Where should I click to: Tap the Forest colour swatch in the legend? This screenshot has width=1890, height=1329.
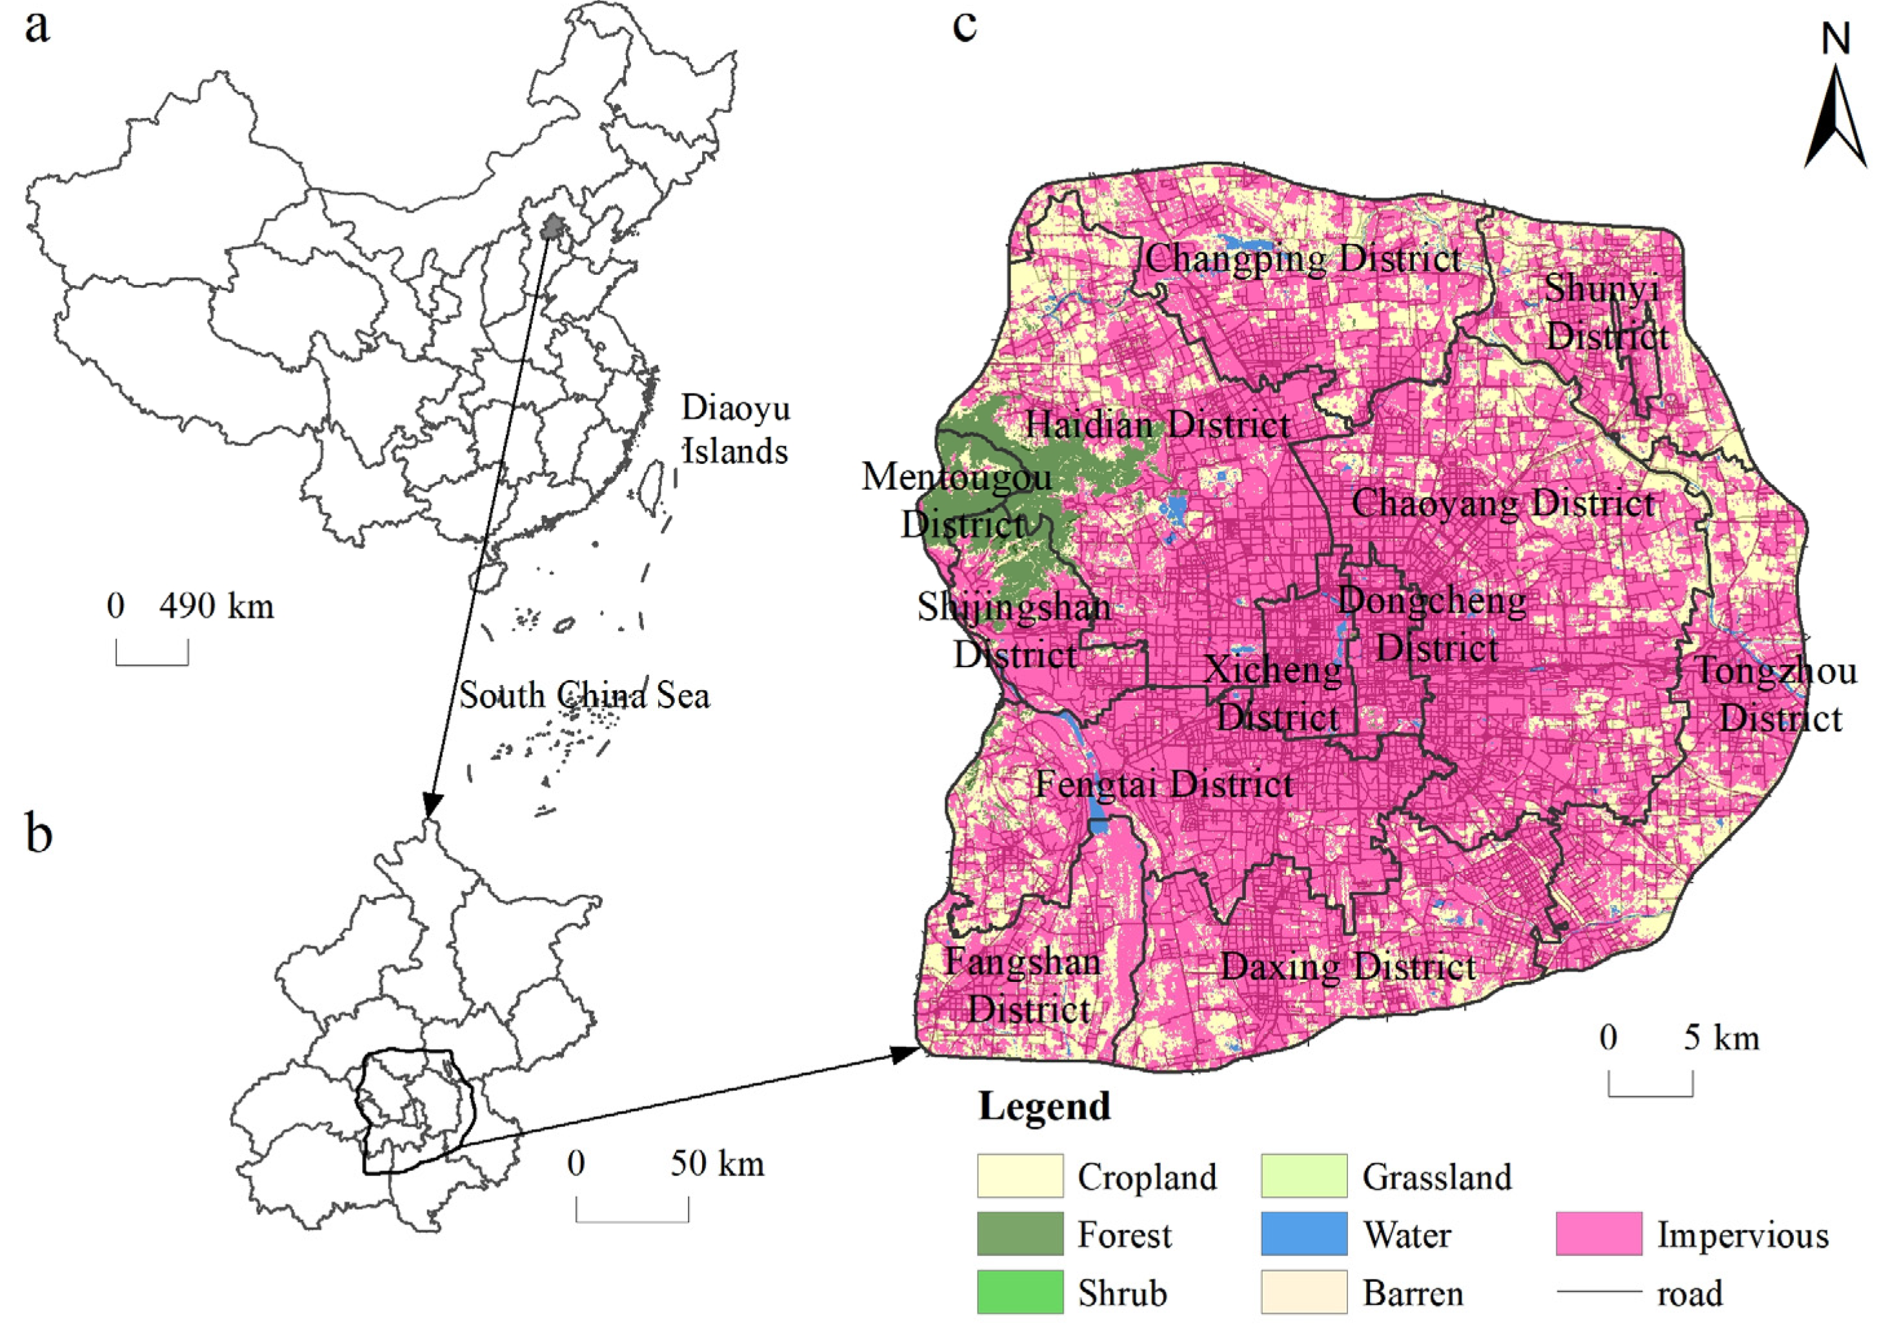click(x=1019, y=1234)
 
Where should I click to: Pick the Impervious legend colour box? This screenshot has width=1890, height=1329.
click(x=1598, y=1234)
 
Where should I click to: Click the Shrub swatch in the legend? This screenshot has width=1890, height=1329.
click(x=1019, y=1292)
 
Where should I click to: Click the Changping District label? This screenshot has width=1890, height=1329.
click(x=1303, y=259)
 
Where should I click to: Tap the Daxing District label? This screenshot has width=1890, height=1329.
click(x=1347, y=967)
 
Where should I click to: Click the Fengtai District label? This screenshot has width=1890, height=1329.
click(x=1163, y=784)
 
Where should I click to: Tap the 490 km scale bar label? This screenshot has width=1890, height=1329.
click(x=216, y=606)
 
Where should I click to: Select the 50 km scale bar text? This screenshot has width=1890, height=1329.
click(x=716, y=1164)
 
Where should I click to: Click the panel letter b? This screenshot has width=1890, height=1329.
click(x=38, y=833)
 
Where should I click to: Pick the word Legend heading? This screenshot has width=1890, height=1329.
click(x=1044, y=1107)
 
